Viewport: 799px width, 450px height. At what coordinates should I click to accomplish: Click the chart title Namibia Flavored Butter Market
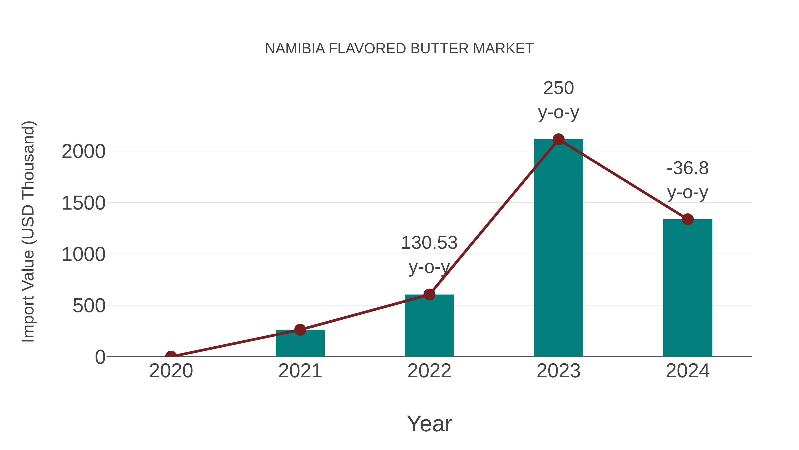coord(399,49)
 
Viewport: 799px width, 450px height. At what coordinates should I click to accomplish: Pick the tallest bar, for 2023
coord(558,248)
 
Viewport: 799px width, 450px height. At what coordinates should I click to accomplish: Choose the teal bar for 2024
coord(688,289)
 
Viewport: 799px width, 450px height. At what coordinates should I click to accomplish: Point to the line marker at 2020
coord(171,356)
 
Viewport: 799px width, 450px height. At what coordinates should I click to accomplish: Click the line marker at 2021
coord(300,330)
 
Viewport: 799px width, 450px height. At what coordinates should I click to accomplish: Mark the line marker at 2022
coord(429,294)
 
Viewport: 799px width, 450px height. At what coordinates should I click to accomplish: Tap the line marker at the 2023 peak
coord(558,139)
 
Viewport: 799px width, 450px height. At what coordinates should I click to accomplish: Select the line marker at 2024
coord(688,219)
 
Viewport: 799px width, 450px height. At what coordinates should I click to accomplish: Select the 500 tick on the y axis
coord(89,306)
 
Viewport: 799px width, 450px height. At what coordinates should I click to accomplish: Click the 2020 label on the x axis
coord(171,371)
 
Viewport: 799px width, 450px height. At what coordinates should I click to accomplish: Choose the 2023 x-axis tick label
coord(558,371)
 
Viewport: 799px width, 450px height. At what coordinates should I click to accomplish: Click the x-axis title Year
coord(429,424)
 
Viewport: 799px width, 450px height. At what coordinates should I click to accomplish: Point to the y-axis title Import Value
coord(29,231)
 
